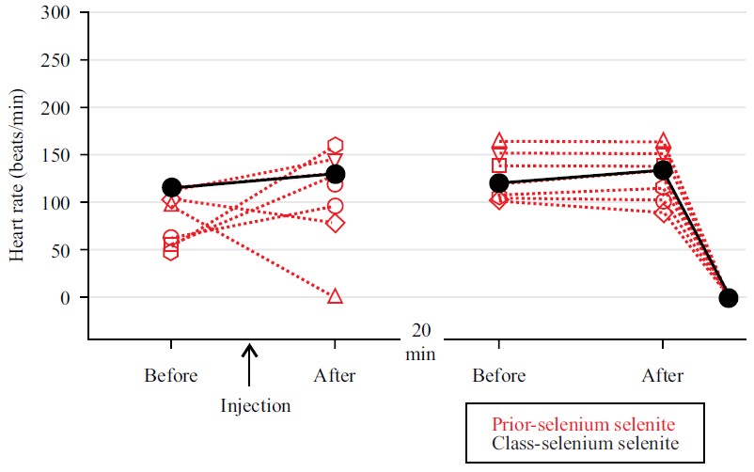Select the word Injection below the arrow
256,406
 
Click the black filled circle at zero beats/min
728,298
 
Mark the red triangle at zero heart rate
335,296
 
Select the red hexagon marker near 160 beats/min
335,146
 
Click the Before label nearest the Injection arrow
171,375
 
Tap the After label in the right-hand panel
662,375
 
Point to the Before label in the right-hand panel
498,375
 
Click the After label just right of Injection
335,375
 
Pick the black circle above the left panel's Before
171,188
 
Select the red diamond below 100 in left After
335,223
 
